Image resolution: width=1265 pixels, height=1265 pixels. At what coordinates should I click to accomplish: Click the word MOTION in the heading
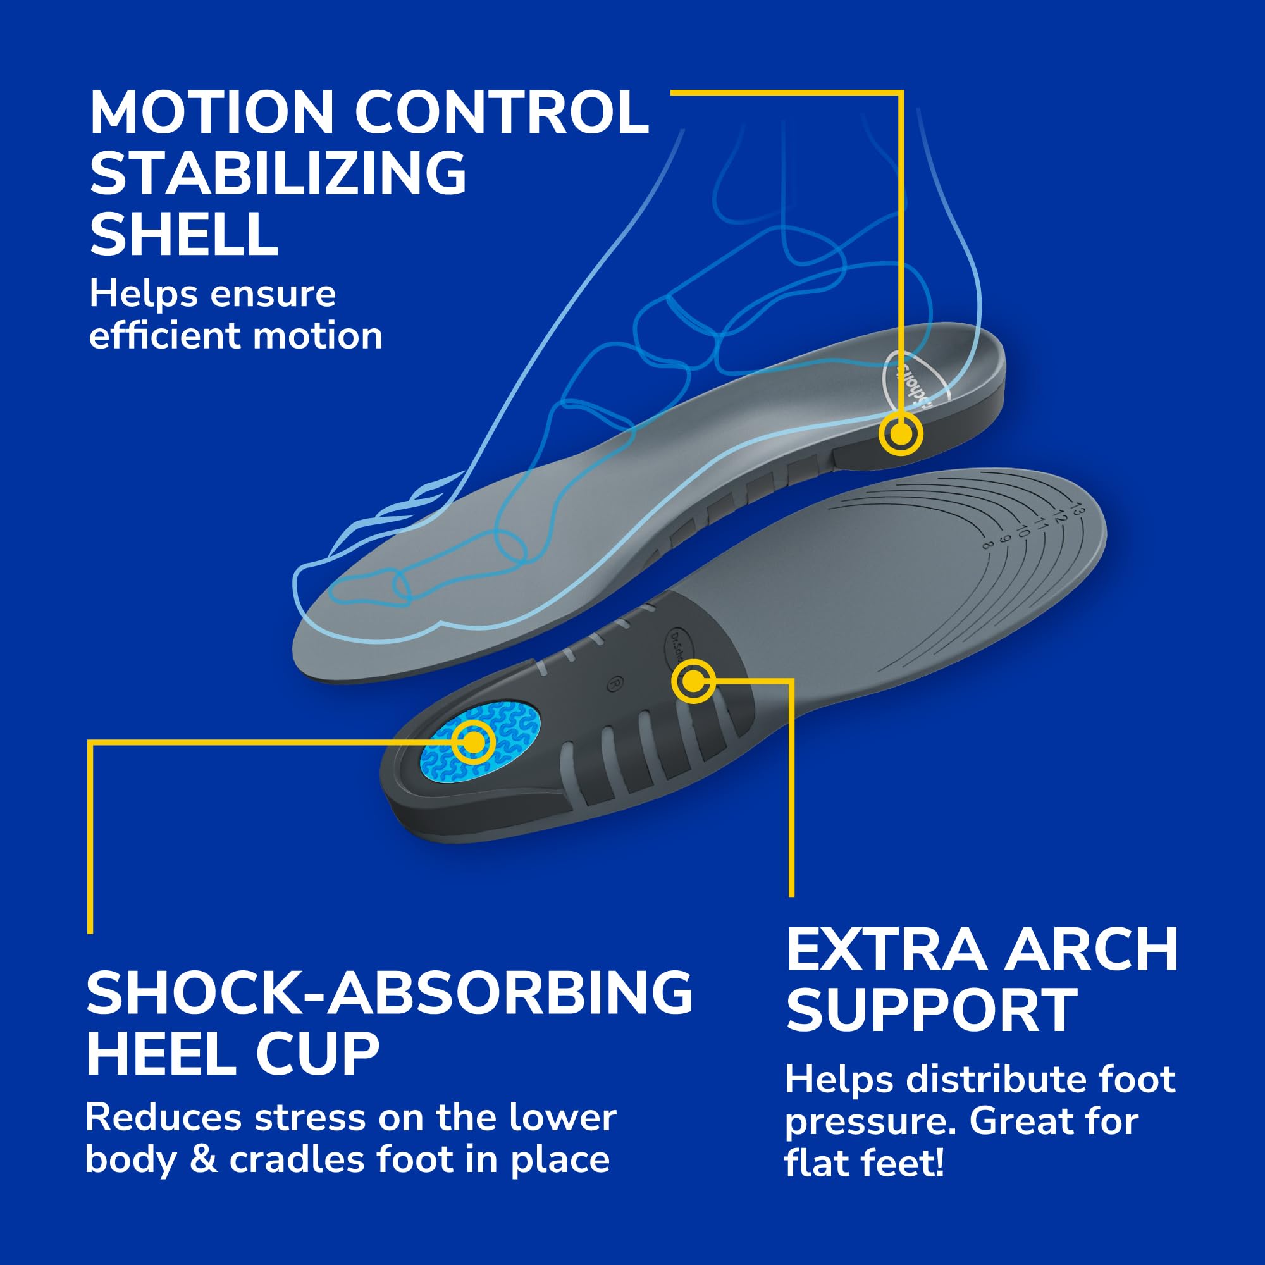point(211,113)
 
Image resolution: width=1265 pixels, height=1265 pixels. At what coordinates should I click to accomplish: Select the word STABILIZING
point(278,173)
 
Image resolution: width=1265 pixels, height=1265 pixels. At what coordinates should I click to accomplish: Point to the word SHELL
point(184,235)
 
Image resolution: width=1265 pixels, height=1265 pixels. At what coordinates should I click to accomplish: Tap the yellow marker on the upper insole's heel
point(901,433)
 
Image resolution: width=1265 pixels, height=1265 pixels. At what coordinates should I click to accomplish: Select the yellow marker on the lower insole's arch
point(693,682)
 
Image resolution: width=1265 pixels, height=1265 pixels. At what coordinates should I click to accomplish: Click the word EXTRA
point(886,950)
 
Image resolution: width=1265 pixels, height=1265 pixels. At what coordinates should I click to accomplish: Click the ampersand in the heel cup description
point(203,1159)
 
